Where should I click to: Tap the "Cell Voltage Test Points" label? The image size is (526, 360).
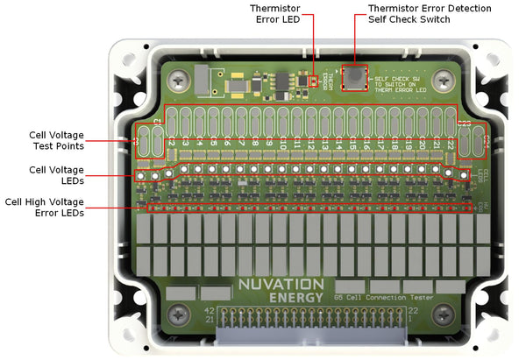[56, 140]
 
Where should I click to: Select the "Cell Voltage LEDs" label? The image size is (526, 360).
[56, 175]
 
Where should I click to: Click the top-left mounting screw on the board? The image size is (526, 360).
[180, 76]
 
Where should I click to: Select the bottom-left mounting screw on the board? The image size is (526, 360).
[180, 313]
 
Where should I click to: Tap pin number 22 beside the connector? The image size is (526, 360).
[438, 311]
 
